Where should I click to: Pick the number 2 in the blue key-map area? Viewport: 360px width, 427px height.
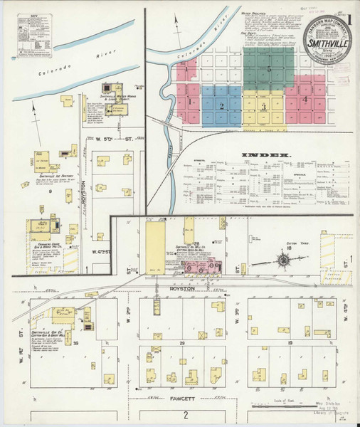(222, 106)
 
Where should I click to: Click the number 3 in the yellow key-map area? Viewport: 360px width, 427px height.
(264, 107)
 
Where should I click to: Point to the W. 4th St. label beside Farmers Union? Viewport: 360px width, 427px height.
(100, 251)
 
